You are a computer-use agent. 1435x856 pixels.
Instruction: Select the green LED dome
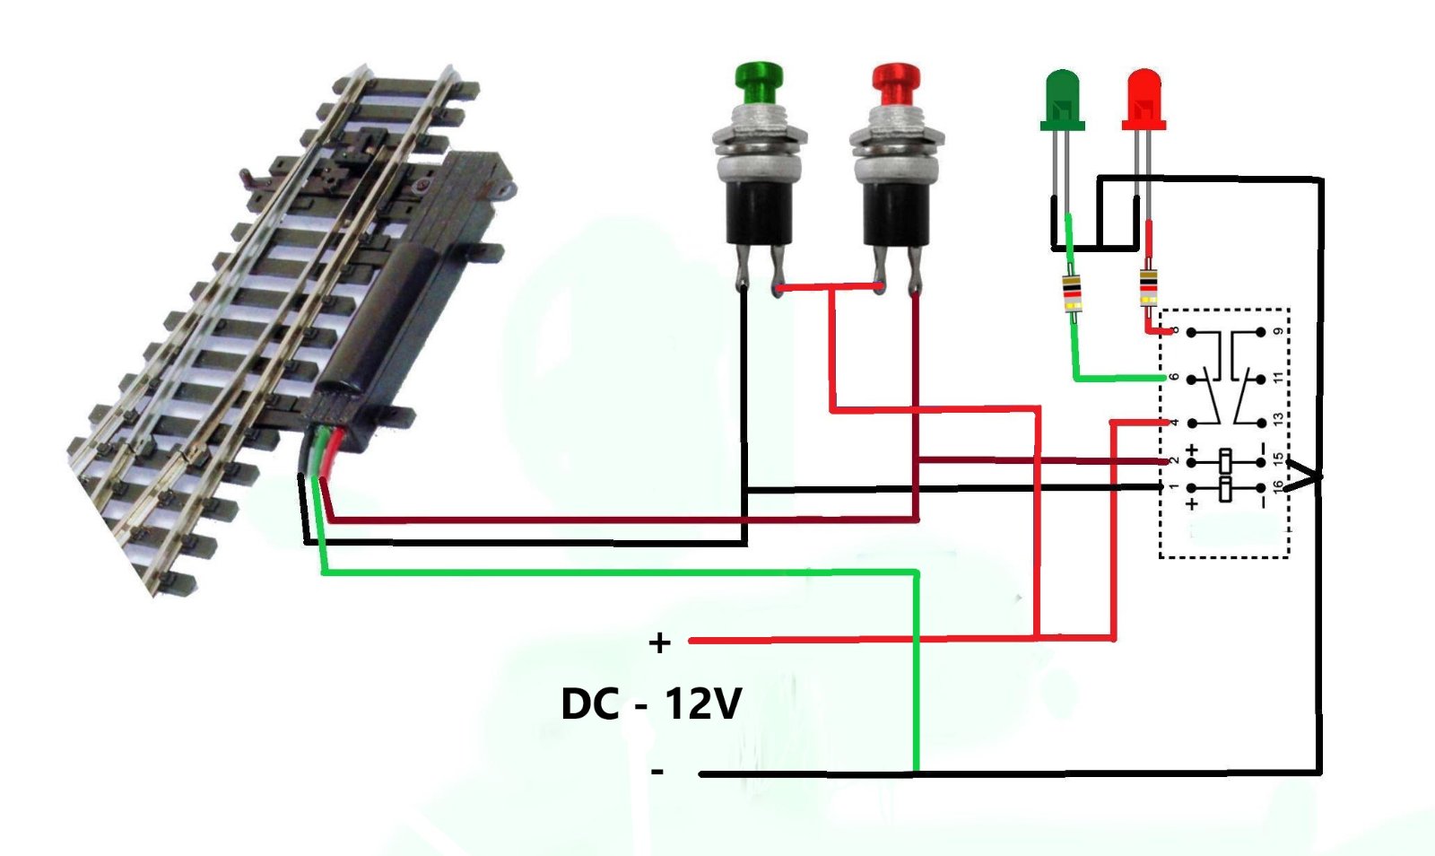pyautogui.click(x=1063, y=94)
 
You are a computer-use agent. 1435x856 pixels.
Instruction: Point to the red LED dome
pyautogui.click(x=1144, y=94)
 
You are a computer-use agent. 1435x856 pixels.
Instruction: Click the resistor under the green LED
pyautogui.click(x=1072, y=293)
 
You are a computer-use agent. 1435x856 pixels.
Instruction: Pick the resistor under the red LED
pyautogui.click(x=1148, y=288)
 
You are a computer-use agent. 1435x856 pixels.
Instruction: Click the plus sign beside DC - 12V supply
pyautogui.click(x=660, y=642)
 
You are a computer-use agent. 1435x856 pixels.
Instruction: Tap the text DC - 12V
pyautogui.click(x=651, y=703)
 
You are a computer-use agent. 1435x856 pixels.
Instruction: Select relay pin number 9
pyautogui.click(x=1278, y=332)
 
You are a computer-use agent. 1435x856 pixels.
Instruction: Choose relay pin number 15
pyautogui.click(x=1278, y=460)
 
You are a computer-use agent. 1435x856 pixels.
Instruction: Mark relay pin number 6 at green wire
pyautogui.click(x=1173, y=377)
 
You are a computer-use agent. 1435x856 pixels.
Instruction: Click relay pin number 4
pyautogui.click(x=1173, y=422)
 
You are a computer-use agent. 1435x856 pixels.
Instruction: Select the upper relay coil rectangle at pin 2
pyautogui.click(x=1226, y=462)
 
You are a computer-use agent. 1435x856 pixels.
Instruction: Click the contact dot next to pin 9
pyautogui.click(x=1261, y=332)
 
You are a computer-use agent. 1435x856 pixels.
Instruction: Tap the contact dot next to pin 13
pyautogui.click(x=1261, y=422)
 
